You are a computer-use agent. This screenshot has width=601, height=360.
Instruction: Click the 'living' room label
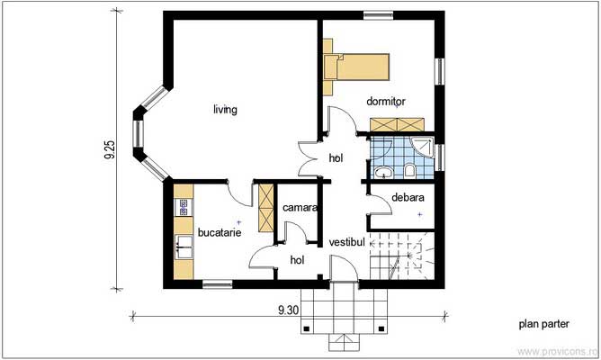[x=225, y=111]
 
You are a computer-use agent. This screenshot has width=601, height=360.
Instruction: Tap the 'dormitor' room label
[x=385, y=102]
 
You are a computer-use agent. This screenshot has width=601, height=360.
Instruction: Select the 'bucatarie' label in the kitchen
[x=220, y=232]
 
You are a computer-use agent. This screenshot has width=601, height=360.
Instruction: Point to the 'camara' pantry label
[x=299, y=208]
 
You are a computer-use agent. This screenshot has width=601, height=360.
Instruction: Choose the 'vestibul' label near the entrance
[x=346, y=242]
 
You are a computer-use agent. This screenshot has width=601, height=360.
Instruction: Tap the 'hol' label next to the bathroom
[x=336, y=157]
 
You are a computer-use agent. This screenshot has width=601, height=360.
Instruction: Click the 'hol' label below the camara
[x=297, y=260]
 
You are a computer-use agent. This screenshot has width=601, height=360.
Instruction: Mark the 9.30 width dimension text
[x=288, y=310]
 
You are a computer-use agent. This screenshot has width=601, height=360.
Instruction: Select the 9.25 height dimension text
[x=110, y=149]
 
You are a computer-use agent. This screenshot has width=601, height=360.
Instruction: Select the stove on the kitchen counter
[x=184, y=207]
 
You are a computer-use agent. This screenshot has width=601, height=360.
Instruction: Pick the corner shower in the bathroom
[x=421, y=148]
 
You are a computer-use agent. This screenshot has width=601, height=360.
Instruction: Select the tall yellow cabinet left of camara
[x=265, y=206]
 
